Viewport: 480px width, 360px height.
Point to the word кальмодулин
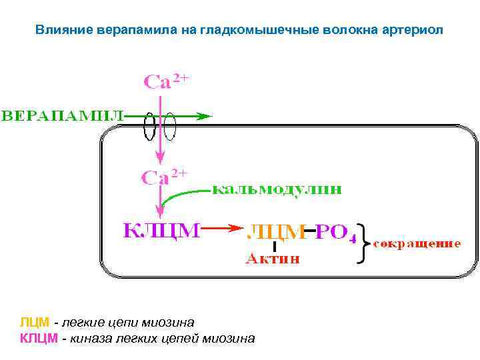277,189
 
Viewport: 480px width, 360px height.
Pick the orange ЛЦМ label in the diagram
274,233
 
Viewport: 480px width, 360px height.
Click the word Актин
273,259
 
